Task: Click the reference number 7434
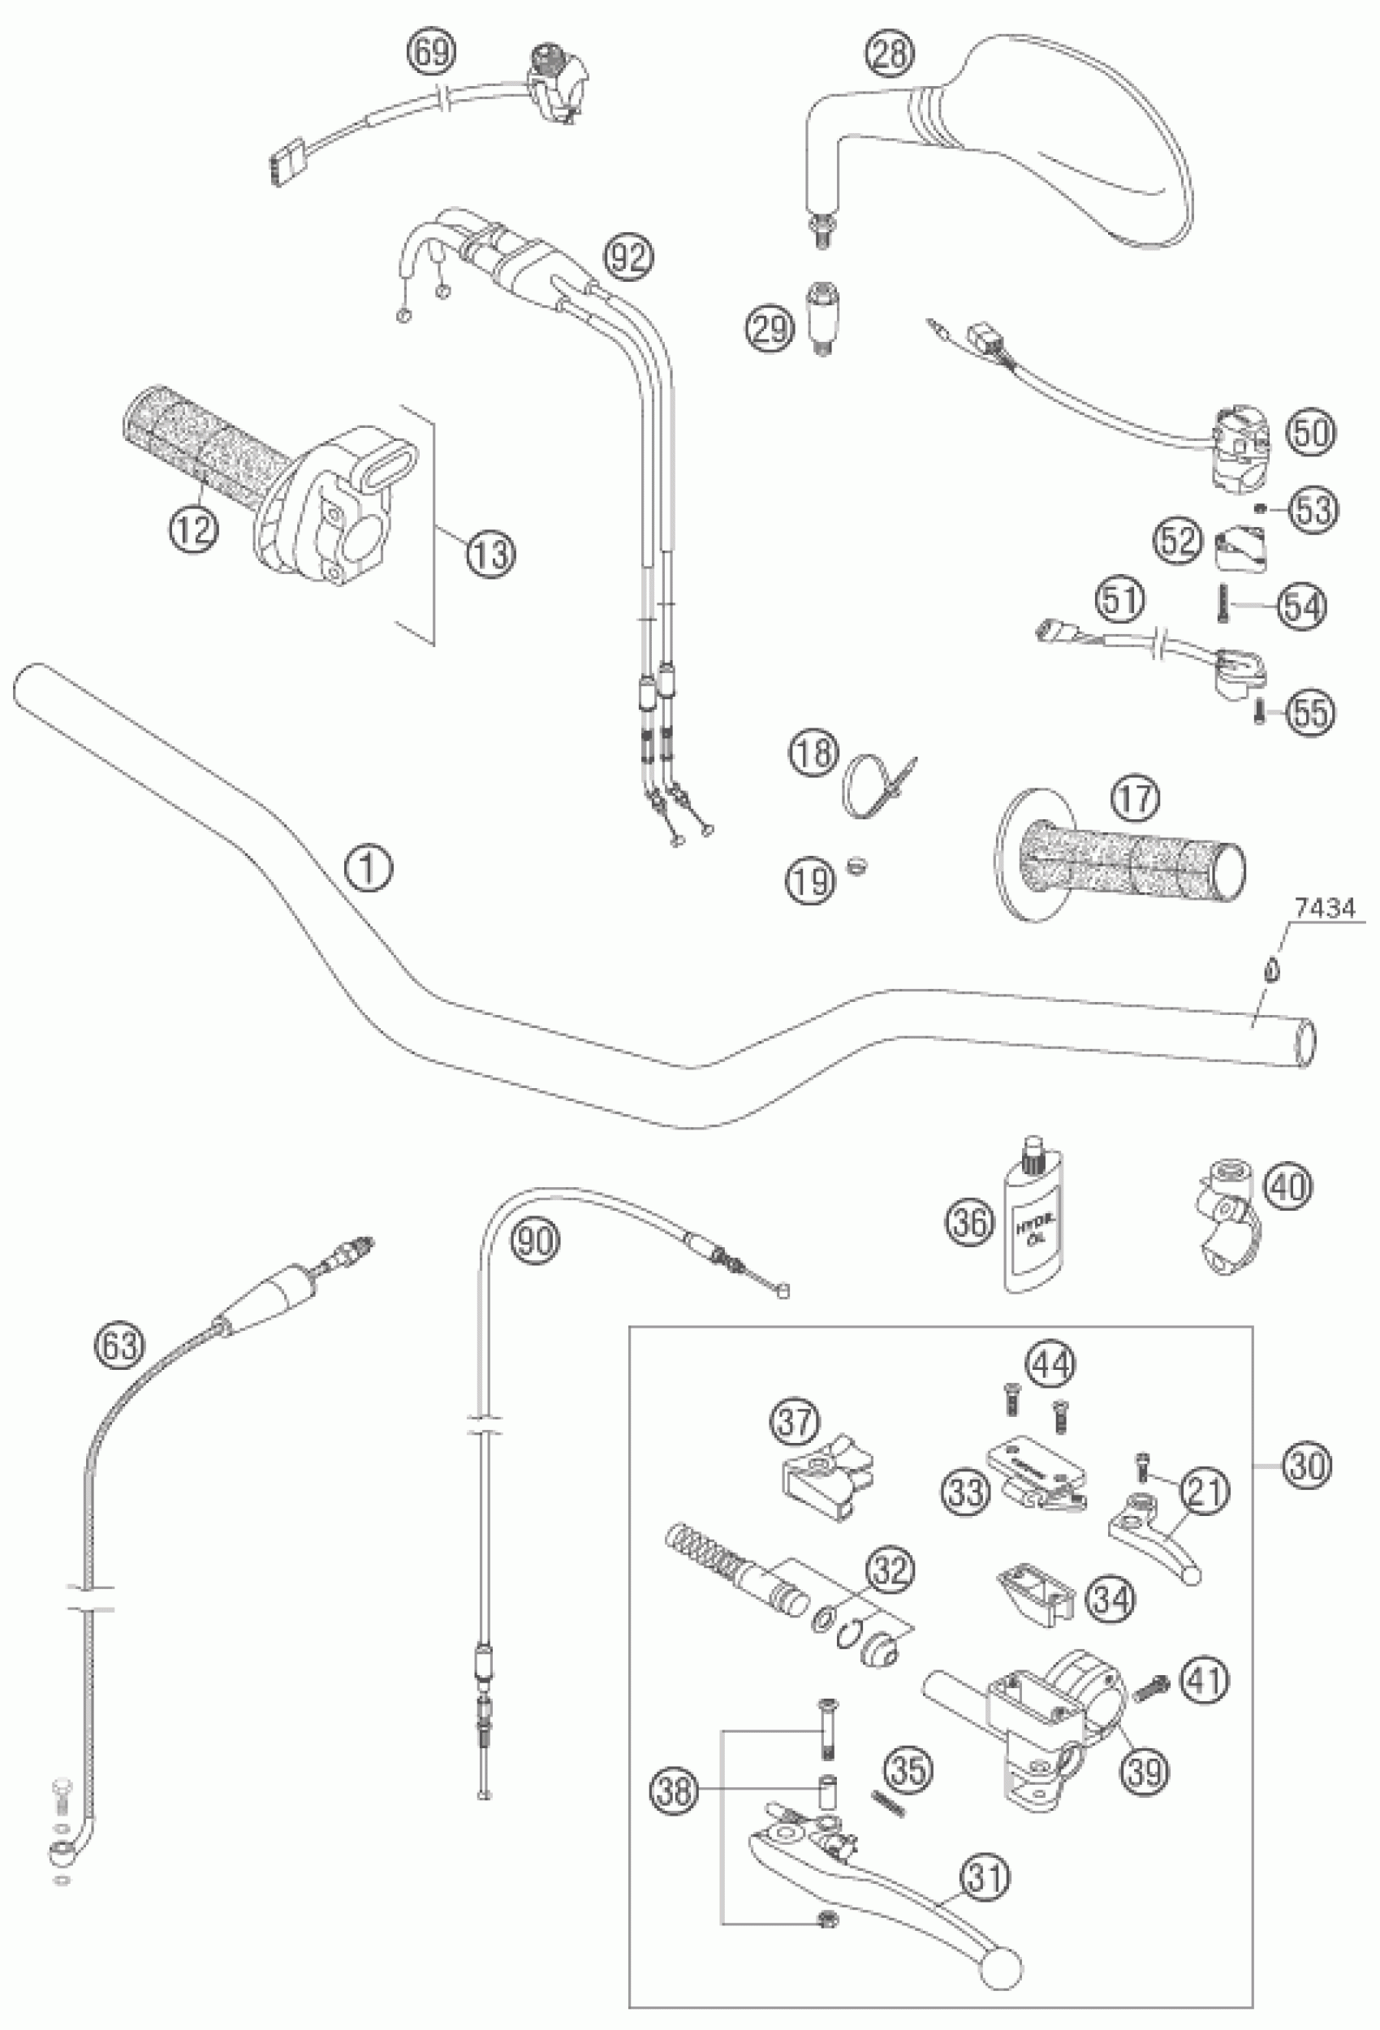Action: [1324, 909]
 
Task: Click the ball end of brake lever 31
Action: [1003, 1957]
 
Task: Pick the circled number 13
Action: [492, 555]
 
